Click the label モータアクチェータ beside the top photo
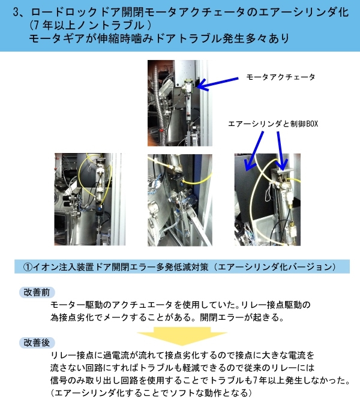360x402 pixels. (x=281, y=77)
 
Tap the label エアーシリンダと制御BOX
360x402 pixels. (x=273, y=124)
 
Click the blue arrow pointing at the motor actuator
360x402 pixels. (x=218, y=83)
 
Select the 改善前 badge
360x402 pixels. (x=37, y=292)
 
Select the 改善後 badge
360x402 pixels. (x=37, y=343)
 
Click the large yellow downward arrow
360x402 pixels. (x=182, y=336)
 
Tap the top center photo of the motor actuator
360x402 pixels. (x=180, y=103)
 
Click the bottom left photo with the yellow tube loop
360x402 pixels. (x=90, y=199)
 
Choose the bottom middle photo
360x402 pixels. (x=180, y=200)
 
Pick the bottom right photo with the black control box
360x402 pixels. (x=268, y=199)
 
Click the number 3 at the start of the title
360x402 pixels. (x=16, y=12)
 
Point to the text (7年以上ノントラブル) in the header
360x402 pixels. (x=91, y=25)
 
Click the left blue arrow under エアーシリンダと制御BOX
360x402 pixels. (x=254, y=151)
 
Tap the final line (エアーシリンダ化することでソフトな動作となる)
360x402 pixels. (x=151, y=393)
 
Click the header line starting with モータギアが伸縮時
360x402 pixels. (x=159, y=38)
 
